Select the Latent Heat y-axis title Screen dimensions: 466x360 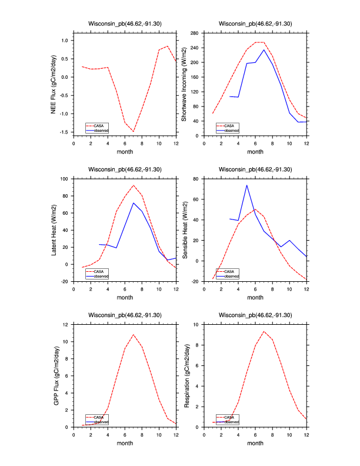(x=54, y=230)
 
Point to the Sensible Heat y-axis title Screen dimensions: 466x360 (x=184, y=230)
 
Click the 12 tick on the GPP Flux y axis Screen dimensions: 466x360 (x=66, y=325)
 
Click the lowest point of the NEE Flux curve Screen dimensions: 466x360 (x=134, y=131)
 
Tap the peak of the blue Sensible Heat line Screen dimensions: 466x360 (x=246, y=185)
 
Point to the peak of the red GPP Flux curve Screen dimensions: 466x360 (x=134, y=335)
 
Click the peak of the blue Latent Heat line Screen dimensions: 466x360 (x=134, y=203)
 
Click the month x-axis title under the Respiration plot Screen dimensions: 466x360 (x=255, y=444)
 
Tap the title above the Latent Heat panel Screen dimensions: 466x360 (x=125, y=169)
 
